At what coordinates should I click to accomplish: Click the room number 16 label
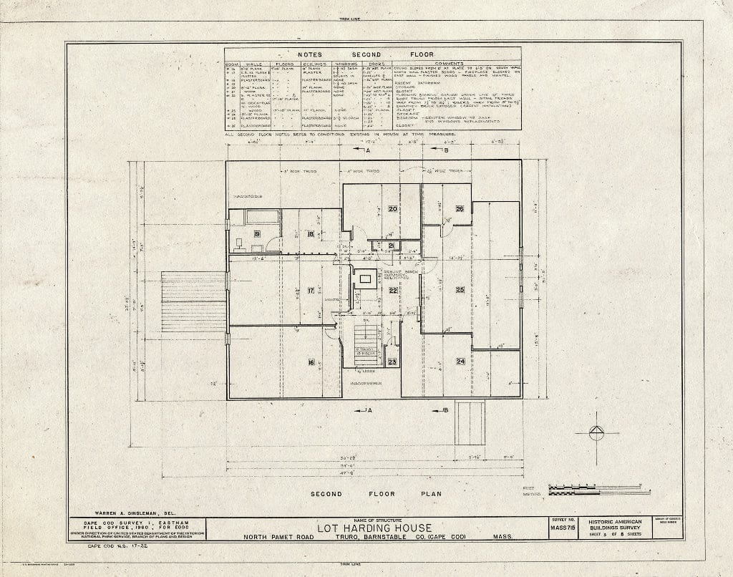click(x=311, y=362)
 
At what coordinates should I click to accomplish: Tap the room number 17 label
click(x=311, y=290)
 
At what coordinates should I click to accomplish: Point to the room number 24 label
click(x=460, y=362)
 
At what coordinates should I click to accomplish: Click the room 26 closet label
click(x=460, y=209)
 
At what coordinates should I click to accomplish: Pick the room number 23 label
click(x=392, y=362)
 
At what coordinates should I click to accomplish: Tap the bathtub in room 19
click(x=256, y=218)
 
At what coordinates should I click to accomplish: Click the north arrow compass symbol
click(x=596, y=432)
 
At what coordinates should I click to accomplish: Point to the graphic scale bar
click(x=598, y=490)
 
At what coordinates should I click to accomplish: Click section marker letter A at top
click(x=367, y=151)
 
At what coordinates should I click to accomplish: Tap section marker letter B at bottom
click(x=445, y=409)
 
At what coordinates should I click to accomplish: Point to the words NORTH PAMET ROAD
click(x=276, y=538)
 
